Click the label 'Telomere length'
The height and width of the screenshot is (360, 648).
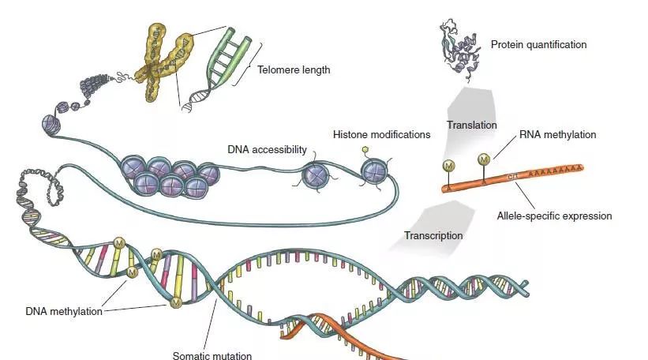click(x=294, y=69)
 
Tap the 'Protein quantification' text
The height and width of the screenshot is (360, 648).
click(x=538, y=45)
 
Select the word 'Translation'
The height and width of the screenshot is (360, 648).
click(x=471, y=125)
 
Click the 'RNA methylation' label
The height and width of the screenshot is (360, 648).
click(x=557, y=135)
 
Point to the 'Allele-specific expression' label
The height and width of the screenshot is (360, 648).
click(x=554, y=216)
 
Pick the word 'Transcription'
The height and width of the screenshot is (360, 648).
click(x=433, y=235)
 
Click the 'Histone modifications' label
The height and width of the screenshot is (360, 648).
click(x=381, y=134)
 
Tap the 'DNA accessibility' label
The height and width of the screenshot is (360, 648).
click(x=267, y=148)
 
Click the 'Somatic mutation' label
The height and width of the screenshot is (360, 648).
click(x=212, y=355)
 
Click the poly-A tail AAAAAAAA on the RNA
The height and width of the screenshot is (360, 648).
click(x=557, y=169)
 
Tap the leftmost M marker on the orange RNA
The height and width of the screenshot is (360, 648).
click(x=448, y=167)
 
